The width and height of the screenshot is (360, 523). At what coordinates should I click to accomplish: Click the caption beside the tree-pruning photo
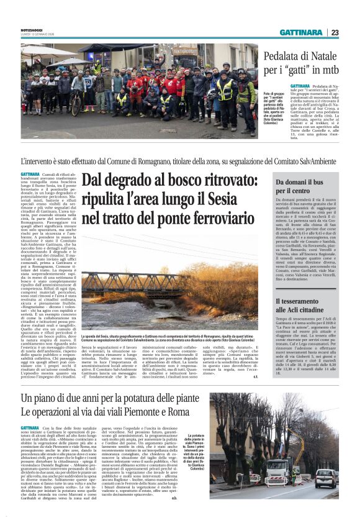[196, 457]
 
